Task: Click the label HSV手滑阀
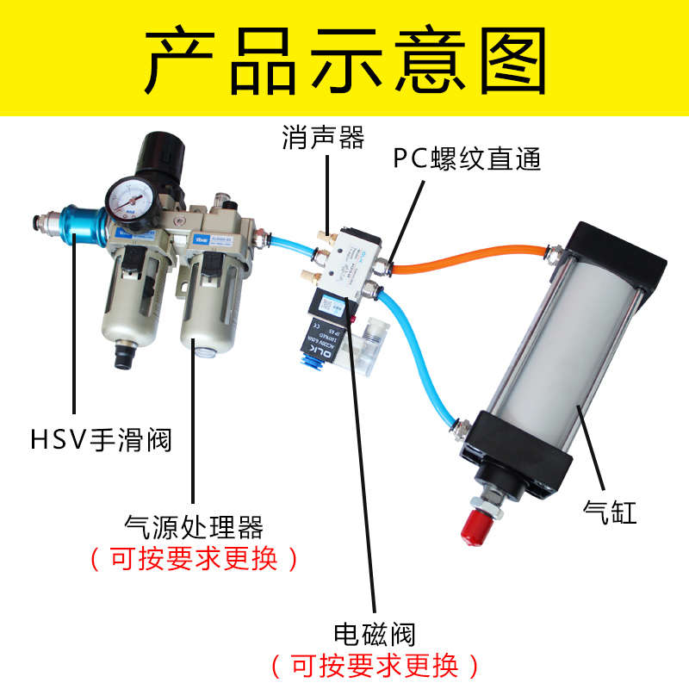click(101, 440)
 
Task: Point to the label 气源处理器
click(194, 525)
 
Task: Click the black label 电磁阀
click(375, 635)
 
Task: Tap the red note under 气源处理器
click(194, 558)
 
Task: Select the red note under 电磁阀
click(375, 665)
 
